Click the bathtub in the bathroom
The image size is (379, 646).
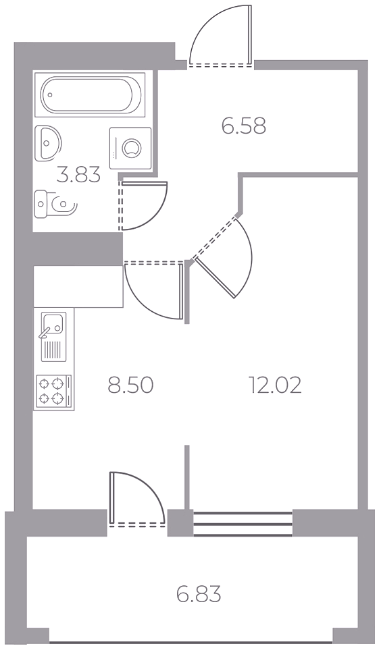point(90,95)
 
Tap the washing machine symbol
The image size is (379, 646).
point(130,148)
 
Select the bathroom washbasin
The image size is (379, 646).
point(47,143)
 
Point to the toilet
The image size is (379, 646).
point(55,204)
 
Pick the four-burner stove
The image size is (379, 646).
point(53,391)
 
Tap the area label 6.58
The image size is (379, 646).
point(244,126)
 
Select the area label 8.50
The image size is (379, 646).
point(130,385)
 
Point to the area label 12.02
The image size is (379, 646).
point(275,385)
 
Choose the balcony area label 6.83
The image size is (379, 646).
point(199,595)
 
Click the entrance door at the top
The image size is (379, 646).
point(221,35)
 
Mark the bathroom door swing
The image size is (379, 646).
point(143,206)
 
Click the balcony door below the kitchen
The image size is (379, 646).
point(137,499)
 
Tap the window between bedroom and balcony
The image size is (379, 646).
point(243,524)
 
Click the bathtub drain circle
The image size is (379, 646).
point(50,95)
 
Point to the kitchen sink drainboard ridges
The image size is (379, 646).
point(53,350)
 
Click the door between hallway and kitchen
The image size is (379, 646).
point(153,290)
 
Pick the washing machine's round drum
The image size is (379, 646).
point(132,149)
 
